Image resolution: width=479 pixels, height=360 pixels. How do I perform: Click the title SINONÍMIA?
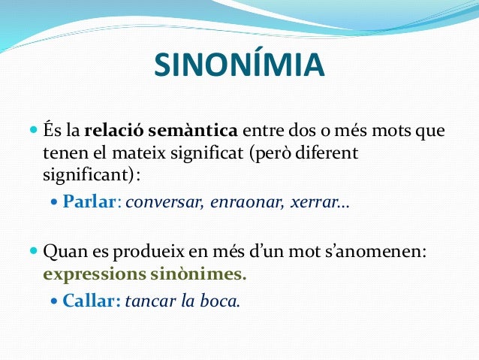click(x=239, y=65)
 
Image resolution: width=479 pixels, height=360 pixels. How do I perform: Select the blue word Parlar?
click(x=89, y=202)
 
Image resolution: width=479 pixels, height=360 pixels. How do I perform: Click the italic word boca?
click(x=220, y=301)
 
